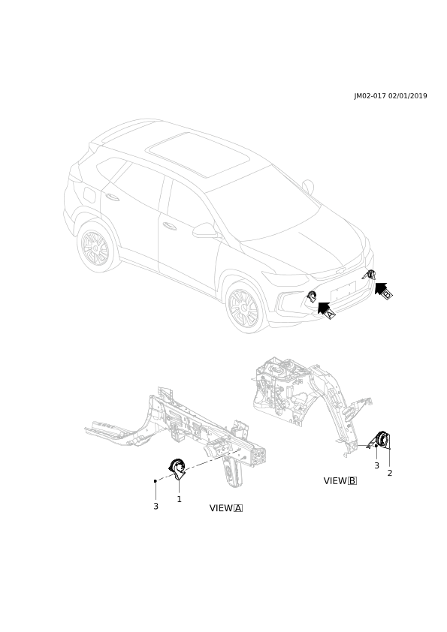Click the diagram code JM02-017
370,96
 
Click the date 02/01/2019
407,96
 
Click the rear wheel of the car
95,247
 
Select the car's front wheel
244,307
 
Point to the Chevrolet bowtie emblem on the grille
341,272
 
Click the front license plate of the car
343,291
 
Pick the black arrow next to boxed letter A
323,307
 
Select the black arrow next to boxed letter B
381,288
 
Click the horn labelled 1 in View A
177,469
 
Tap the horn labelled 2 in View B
382,440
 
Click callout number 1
179,499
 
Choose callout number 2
390,473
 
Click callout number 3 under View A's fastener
156,506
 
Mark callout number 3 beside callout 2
377,465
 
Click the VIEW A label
226,508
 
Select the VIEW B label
340,480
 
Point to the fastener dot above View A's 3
156,481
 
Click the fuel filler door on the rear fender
89,194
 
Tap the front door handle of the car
170,226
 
